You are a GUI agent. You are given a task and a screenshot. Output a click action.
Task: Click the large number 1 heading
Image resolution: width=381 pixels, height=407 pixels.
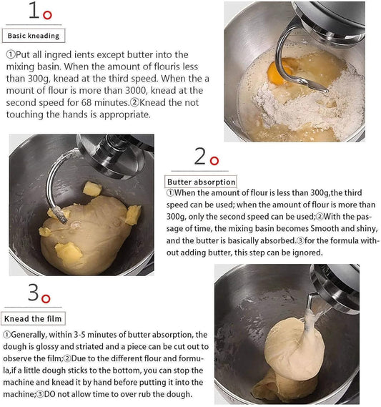point(33,11)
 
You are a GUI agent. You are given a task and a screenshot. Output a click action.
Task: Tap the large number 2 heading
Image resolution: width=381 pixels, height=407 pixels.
point(200,156)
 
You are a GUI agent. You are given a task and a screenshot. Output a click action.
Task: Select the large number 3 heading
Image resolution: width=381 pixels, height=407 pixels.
point(33,293)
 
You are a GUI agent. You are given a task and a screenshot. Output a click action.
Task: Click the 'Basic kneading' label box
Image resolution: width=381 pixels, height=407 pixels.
point(34,35)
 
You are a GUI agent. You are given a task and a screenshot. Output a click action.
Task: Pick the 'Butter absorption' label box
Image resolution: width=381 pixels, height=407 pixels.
point(201,182)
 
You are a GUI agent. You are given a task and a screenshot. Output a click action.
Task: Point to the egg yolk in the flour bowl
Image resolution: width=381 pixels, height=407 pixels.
point(277,72)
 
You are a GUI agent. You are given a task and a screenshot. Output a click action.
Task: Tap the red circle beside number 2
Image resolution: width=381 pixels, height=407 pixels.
point(214,160)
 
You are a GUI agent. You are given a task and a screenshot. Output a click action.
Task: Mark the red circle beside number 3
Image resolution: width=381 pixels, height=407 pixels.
point(46,298)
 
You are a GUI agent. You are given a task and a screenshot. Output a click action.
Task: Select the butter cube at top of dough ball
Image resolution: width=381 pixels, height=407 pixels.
point(92,189)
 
